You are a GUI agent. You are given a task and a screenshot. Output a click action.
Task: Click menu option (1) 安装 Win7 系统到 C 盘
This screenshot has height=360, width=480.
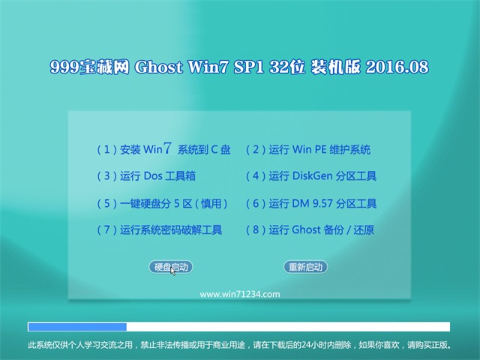point(163,149)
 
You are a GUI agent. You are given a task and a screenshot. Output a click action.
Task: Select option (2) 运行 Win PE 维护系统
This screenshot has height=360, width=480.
point(308,150)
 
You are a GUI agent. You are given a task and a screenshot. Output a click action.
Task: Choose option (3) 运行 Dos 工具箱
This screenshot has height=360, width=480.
point(146,176)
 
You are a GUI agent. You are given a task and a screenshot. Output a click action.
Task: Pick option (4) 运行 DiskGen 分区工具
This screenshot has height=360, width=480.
point(311,176)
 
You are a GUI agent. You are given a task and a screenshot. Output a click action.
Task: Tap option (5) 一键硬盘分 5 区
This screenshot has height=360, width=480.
point(162,203)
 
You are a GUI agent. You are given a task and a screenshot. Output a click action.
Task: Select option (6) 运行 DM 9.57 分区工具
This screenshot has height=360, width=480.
point(311,203)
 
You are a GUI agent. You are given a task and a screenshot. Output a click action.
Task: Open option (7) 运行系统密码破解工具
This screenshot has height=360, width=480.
point(160,230)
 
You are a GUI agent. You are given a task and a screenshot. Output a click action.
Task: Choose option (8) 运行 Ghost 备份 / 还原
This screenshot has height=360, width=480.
point(310,230)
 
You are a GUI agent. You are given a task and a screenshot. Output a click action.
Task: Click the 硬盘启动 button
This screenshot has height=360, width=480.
point(171,267)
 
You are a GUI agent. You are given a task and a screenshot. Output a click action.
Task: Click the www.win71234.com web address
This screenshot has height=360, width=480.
point(240,295)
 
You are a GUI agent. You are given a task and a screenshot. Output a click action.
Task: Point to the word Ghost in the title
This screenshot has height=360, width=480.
point(158,67)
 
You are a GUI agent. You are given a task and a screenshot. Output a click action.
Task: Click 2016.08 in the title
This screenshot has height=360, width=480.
point(397,67)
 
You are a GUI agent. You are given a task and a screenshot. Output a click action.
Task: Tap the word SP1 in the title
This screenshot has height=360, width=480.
point(248,67)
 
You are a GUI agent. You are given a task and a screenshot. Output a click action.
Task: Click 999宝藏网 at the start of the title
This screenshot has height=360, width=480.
point(89,67)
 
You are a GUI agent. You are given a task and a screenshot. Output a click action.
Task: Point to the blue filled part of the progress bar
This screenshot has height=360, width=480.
point(77,327)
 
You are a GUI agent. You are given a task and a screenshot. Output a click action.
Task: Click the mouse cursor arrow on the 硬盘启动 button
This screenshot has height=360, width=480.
point(173,271)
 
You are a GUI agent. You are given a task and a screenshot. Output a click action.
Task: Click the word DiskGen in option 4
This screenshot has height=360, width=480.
point(312,176)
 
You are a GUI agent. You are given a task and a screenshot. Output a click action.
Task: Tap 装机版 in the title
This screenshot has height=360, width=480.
point(335,67)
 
